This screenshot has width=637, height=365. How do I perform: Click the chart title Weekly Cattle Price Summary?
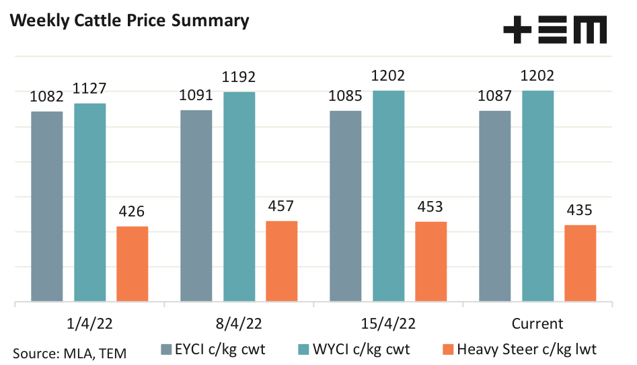tap(128, 20)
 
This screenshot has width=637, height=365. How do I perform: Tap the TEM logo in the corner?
tap(555, 30)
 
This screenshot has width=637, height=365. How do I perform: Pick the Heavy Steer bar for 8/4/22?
tap(282, 261)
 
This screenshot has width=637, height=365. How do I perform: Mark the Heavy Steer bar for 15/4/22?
tap(430, 261)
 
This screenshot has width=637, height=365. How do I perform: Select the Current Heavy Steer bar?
tap(580, 263)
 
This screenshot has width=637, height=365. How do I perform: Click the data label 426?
tap(132, 212)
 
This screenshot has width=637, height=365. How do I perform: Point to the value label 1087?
tap(494, 97)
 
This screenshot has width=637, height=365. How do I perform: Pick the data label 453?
tap(430, 207)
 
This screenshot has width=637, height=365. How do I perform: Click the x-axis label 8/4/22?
tap(239, 323)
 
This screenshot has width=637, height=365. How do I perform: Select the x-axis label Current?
tap(537, 323)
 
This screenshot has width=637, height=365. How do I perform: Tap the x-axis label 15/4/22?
tap(388, 323)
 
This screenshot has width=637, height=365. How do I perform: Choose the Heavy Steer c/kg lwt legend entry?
tap(519, 349)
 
